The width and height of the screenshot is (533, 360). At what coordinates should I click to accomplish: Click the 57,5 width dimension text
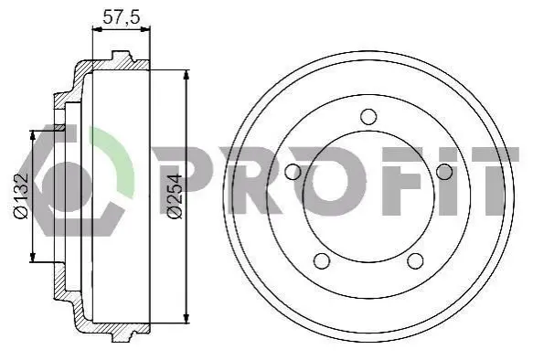coord(122,17)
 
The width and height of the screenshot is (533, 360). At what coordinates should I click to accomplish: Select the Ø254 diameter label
coord(176,196)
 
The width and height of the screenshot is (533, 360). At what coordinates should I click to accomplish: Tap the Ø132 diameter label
coord(21,196)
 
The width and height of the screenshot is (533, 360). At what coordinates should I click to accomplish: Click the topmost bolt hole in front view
coord(368,116)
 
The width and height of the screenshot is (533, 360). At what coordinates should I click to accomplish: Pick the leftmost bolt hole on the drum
coord(293,172)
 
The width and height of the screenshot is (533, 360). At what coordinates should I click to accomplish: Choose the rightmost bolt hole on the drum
coord(444,172)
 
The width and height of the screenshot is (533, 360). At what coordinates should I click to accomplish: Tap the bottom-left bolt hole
coord(322,260)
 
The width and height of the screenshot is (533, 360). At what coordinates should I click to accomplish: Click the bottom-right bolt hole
coord(415,260)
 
